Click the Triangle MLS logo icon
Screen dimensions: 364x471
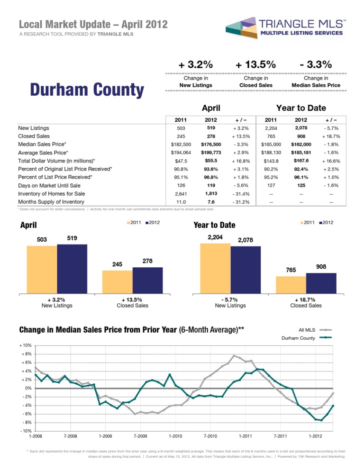(241, 28)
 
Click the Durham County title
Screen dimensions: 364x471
(87, 90)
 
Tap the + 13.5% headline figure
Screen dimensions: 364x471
(255, 64)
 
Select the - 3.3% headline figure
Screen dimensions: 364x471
(316, 64)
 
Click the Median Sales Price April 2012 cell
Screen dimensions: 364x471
(211, 145)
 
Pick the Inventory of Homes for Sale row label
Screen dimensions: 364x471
(51, 194)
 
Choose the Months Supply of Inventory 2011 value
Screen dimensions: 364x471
(181, 202)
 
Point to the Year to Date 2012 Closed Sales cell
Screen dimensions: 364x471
(301, 136)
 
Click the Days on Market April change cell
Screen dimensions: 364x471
(241, 186)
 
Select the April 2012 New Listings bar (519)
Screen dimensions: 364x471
(72, 269)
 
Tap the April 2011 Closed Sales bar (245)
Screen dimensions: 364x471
(117, 282)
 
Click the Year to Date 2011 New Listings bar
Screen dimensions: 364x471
(216, 269)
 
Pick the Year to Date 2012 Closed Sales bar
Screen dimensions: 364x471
(321, 283)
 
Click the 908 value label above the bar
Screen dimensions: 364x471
(321, 267)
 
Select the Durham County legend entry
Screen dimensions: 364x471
(307, 338)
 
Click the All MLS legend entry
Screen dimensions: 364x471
(315, 330)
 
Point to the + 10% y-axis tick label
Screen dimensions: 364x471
(26, 345)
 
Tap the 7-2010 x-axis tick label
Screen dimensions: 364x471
(210, 436)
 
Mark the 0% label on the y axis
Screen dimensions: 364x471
(28, 388)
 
